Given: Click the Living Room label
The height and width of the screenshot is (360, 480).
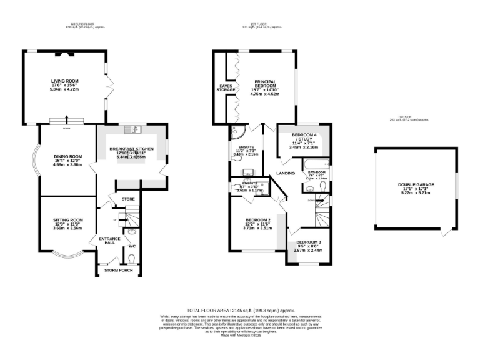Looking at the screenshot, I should pos(65,81).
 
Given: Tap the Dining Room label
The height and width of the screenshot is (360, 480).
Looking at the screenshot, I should pos(67,156).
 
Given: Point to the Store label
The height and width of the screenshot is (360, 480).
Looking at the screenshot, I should pos(128,199).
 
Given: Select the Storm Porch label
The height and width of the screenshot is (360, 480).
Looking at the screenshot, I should pos(119,269).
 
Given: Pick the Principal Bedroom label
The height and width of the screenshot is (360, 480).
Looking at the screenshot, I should pos(265,84).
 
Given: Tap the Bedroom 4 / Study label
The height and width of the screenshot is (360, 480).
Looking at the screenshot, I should pos(304,137).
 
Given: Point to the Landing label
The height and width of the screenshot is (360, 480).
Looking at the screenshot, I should pos(286,173).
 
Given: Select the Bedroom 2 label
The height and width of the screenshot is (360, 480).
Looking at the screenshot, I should pos(257,220).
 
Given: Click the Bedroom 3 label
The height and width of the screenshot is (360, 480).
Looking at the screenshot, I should pos(308,242).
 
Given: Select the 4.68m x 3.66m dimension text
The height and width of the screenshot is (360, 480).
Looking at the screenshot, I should pos(67,165).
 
